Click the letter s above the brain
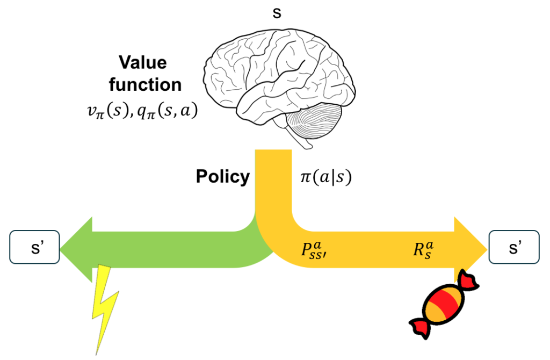(x=277, y=13)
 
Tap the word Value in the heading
(x=142, y=63)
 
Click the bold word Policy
(x=223, y=177)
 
